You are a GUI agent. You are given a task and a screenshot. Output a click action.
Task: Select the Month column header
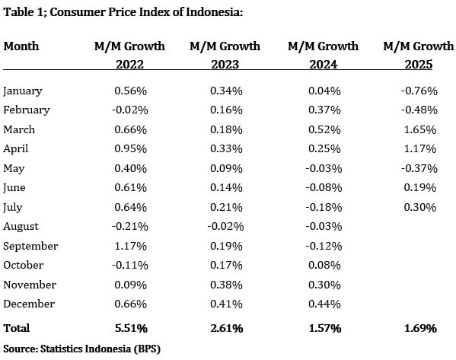[21, 46]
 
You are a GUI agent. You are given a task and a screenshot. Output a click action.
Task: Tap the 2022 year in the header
[129, 64]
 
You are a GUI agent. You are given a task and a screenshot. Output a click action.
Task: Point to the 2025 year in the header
[419, 64]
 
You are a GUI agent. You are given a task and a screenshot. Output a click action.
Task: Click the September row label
[30, 247]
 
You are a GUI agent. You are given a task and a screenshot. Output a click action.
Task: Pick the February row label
[27, 110]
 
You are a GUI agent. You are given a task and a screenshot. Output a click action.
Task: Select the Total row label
[17, 328]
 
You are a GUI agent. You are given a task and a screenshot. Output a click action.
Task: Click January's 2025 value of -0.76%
[419, 91]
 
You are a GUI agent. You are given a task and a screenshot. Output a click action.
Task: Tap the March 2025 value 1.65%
[420, 129]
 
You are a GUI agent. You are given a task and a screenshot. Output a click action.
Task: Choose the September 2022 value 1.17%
[131, 247]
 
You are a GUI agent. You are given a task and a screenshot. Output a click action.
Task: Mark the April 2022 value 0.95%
[131, 149]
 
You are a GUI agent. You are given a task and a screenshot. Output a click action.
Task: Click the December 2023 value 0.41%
[226, 304]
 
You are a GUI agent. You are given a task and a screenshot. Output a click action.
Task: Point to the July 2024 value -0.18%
[324, 207]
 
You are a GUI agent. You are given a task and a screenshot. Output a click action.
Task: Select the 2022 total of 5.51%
[131, 328]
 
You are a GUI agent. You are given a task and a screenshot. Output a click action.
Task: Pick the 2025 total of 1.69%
[420, 328]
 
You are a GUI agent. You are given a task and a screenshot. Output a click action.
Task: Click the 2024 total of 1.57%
[325, 328]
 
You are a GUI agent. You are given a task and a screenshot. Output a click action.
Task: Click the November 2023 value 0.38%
[226, 285]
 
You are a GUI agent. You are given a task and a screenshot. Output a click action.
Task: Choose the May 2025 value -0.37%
[419, 169]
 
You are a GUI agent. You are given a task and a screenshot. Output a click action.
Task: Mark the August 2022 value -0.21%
[130, 227]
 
